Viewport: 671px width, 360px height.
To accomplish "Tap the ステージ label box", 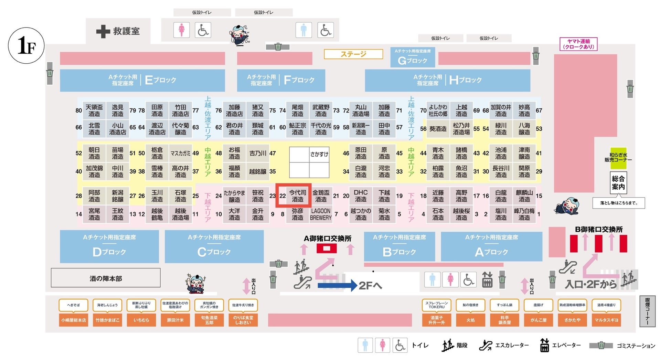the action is (x=353, y=54).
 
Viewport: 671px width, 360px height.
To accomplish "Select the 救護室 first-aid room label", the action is (x=118, y=31).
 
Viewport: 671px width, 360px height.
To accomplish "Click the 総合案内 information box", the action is (x=618, y=182).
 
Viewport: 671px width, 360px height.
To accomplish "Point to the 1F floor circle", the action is (x=26, y=46).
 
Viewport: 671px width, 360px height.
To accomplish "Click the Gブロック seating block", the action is (x=412, y=57).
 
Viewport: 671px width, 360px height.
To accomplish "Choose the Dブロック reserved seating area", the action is (x=109, y=247).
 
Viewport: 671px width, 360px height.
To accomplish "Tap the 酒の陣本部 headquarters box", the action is (x=106, y=278).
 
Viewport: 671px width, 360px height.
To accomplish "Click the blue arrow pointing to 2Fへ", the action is (x=337, y=285).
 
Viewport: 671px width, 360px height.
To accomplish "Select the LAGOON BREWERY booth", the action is (x=321, y=214).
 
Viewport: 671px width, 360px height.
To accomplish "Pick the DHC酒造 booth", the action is (x=361, y=195).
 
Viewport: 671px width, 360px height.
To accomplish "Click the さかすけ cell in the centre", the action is (x=319, y=154).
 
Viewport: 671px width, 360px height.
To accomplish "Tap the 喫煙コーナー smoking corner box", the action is (x=647, y=311).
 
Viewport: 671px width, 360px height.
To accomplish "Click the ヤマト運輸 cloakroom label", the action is (x=578, y=44).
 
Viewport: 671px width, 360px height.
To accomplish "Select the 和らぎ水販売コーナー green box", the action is (x=618, y=158).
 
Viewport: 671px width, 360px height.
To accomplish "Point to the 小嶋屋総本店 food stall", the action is (x=74, y=320).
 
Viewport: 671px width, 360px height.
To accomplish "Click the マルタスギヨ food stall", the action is (x=606, y=320).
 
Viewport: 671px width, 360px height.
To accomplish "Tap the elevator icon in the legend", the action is (x=544, y=345).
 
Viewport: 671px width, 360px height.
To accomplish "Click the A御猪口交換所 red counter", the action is (x=327, y=248).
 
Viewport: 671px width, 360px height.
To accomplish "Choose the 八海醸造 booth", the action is (x=524, y=129).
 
